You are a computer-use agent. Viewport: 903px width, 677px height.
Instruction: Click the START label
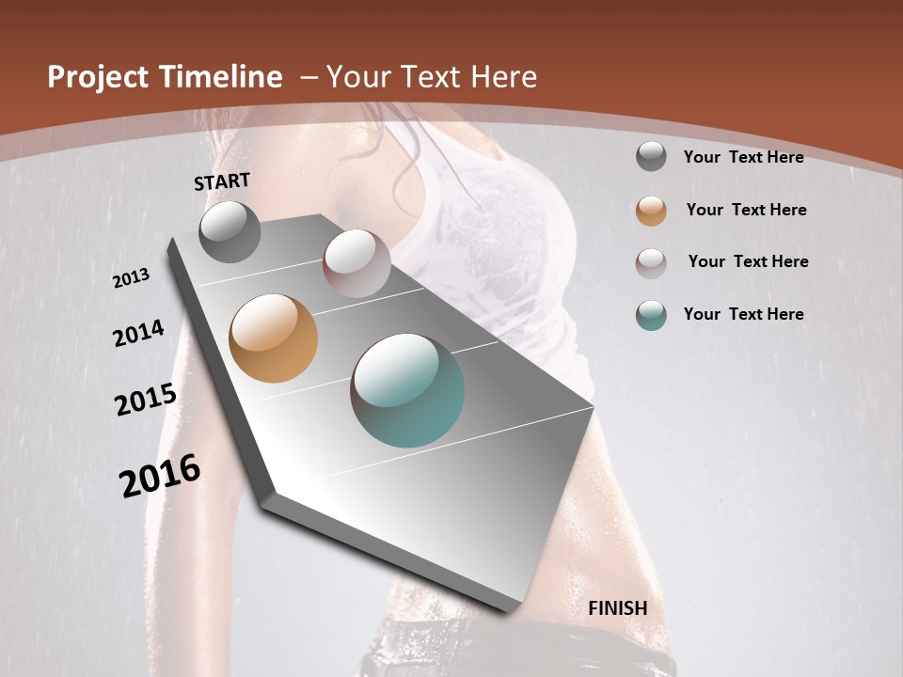(222, 181)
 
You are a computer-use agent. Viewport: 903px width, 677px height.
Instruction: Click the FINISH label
(618, 608)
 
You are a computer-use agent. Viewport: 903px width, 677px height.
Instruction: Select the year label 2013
(132, 278)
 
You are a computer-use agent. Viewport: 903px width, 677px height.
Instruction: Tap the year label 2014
(139, 333)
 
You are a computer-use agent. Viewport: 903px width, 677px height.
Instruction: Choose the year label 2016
(160, 476)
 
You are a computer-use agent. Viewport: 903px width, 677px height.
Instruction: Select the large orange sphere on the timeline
(274, 338)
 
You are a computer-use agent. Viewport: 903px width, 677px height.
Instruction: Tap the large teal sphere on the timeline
(407, 390)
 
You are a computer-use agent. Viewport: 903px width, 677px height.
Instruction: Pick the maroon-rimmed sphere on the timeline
(356, 262)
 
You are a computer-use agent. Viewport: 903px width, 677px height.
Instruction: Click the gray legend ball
(651, 157)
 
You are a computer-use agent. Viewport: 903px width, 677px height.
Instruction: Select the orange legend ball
(651, 210)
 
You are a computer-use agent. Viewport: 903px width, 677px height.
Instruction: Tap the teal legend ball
(651, 315)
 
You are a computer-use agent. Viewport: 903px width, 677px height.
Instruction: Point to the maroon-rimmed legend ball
(651, 262)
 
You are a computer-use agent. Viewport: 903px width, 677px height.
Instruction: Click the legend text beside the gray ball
(743, 157)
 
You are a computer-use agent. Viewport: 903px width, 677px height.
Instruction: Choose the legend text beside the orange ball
(746, 210)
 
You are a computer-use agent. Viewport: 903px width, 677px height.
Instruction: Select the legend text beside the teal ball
(743, 314)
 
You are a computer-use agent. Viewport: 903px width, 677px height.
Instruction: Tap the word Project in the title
(98, 77)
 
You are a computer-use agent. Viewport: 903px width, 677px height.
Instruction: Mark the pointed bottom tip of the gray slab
(509, 611)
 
